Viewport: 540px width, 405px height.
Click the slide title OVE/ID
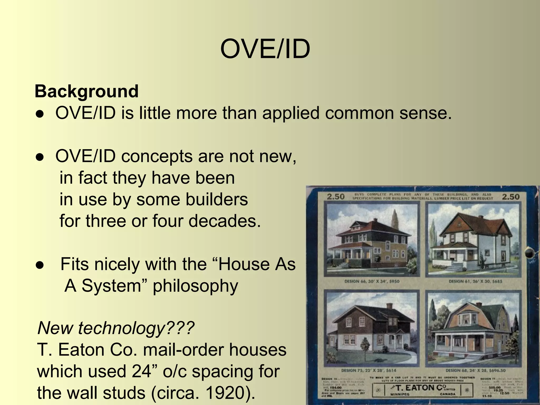click(265, 49)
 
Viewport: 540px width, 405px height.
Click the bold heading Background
click(86, 91)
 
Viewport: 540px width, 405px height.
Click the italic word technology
click(121, 328)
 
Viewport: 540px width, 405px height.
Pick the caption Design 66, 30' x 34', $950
click(372, 281)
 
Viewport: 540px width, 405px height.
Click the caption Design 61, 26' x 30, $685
click(475, 281)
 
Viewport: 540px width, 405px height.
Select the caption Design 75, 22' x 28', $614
click(369, 370)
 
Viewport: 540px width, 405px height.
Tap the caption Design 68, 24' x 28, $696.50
click(475, 370)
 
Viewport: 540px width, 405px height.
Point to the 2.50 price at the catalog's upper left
click(336, 197)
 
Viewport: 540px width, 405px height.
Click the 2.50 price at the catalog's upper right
click(510, 197)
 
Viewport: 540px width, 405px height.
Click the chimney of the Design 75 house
click(389, 306)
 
